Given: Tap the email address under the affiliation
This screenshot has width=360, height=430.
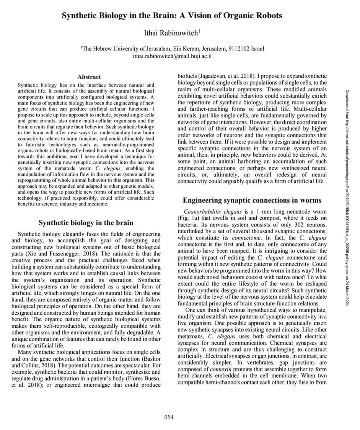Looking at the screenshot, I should pyautogui.click(x=172, y=56).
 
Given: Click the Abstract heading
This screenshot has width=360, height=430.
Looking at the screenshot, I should pyautogui.click(x=89, y=77).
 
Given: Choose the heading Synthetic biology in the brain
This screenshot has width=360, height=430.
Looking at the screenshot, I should pyautogui.click(x=86, y=222).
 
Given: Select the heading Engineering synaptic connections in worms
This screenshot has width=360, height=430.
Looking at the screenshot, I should pyautogui.click(x=252, y=200).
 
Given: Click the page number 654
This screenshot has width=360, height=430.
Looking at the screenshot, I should pyautogui.click(x=169, y=417).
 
